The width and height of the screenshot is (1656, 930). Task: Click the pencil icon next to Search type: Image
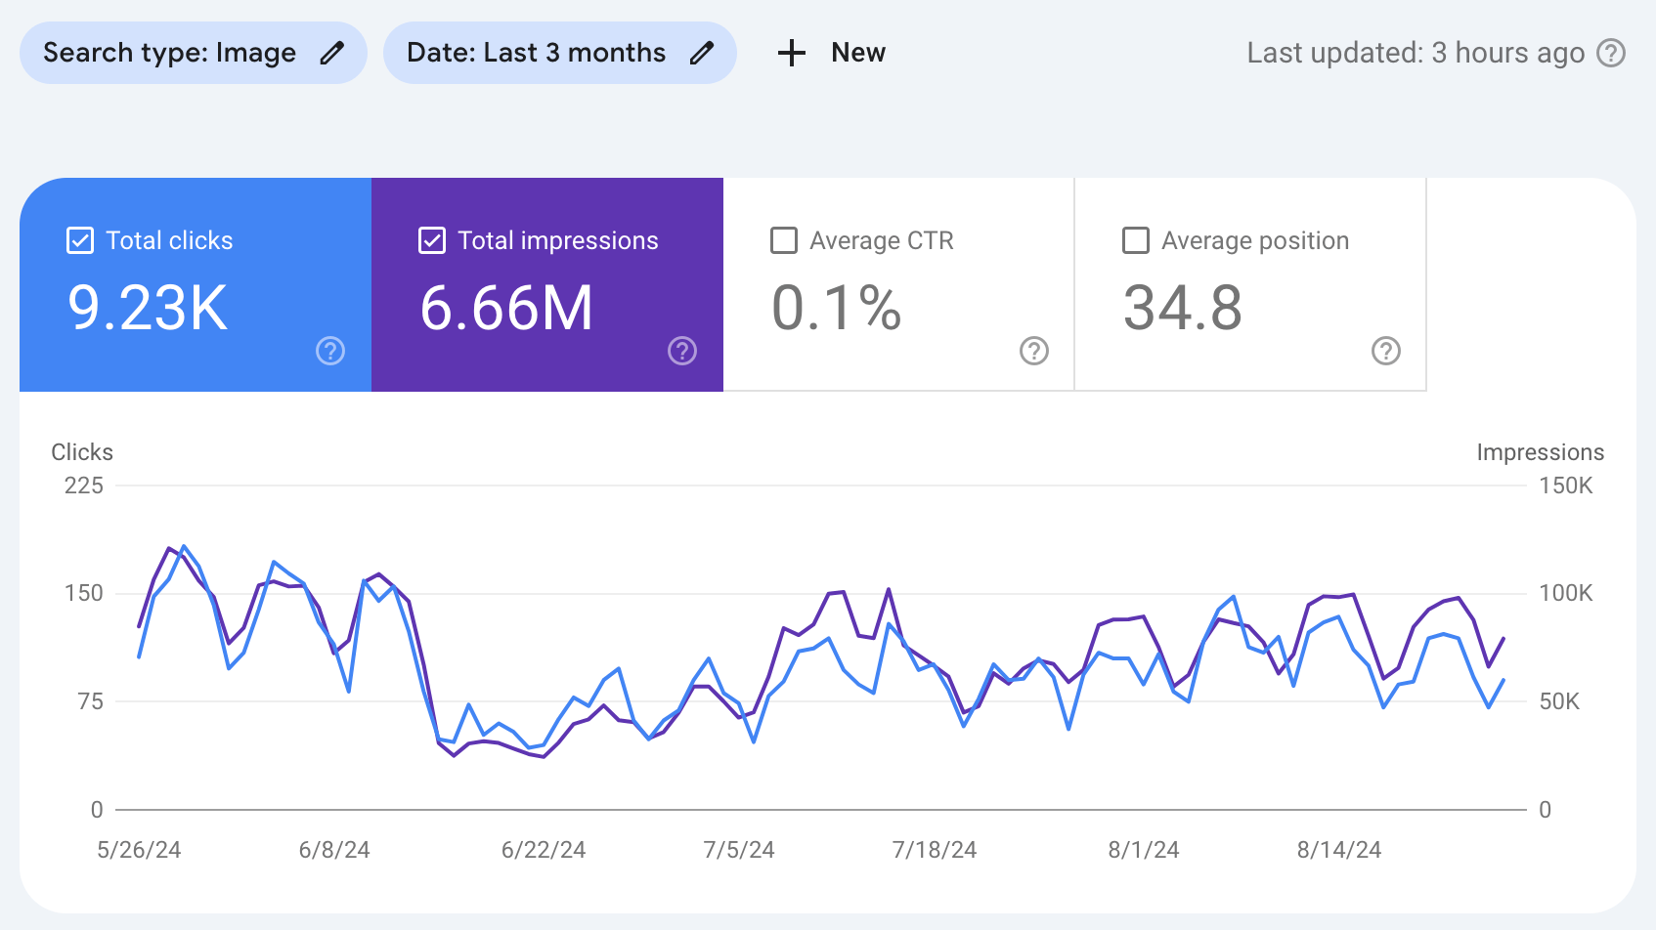click(332, 53)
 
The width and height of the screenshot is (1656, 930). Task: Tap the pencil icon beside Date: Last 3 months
click(702, 53)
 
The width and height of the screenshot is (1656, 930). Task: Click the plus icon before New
click(791, 53)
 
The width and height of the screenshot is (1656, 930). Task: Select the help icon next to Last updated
click(1611, 53)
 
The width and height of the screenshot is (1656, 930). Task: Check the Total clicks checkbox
click(80, 240)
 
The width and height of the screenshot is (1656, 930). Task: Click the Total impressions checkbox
click(432, 240)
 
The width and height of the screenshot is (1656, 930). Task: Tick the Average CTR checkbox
click(784, 240)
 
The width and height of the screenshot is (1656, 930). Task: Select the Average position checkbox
click(1136, 240)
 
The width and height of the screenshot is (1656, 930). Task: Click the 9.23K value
click(148, 308)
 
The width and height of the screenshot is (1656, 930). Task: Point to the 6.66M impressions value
click(506, 308)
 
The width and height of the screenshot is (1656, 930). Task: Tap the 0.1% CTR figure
click(836, 308)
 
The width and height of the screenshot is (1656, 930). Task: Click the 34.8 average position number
click(1183, 308)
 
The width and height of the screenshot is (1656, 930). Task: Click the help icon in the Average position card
click(1386, 351)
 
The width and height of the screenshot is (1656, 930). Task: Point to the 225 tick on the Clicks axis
click(84, 486)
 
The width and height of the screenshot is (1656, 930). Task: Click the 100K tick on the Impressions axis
click(1565, 593)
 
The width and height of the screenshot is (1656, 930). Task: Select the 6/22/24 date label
click(544, 850)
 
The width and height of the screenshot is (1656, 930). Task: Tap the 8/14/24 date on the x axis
click(1339, 850)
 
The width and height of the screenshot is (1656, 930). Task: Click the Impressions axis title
click(1540, 452)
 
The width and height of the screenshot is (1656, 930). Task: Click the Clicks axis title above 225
click(82, 452)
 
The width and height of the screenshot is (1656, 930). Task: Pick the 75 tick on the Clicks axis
click(91, 701)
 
